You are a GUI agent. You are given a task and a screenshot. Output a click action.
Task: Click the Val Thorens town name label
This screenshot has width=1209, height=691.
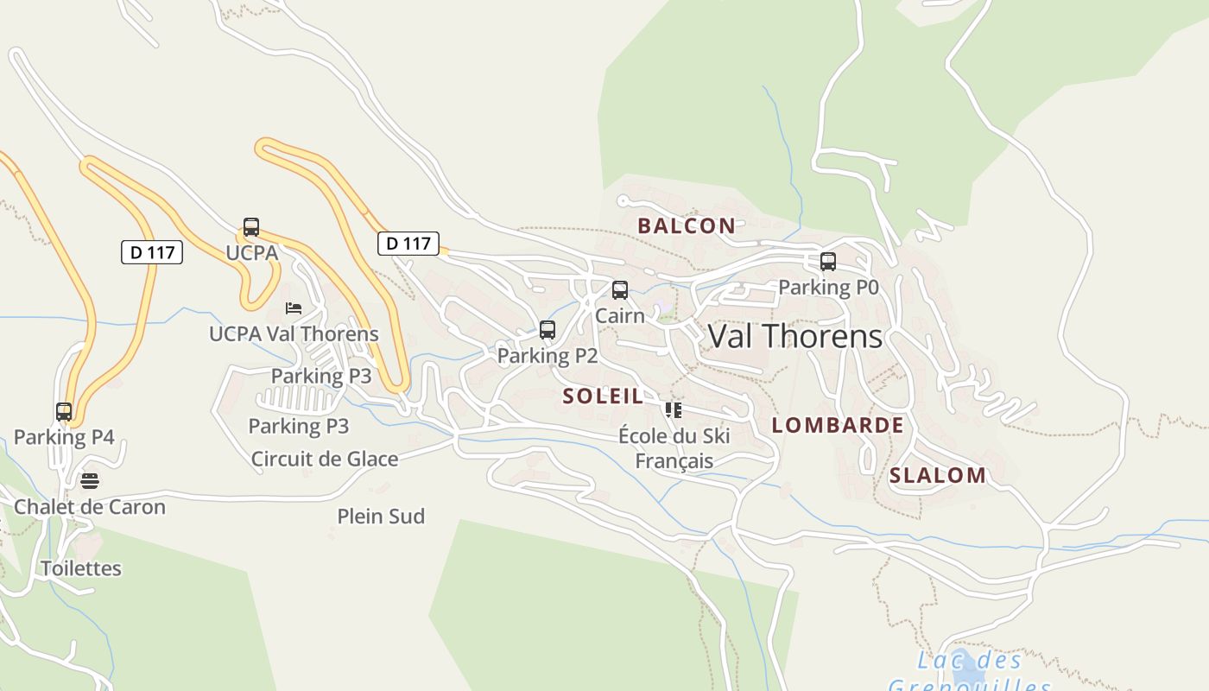click(795, 336)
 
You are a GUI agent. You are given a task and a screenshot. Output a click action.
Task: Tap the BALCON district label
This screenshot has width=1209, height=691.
click(687, 226)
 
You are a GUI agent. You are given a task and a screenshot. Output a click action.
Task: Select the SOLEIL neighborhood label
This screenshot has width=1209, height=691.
click(603, 396)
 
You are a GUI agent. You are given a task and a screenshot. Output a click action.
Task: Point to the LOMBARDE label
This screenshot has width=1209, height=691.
click(838, 425)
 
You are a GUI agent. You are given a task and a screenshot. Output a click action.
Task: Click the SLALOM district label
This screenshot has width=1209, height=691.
click(938, 475)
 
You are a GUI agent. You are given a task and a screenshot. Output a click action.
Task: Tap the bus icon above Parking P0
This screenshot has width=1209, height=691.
click(828, 261)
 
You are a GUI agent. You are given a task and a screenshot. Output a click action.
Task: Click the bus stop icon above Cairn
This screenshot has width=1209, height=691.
click(620, 290)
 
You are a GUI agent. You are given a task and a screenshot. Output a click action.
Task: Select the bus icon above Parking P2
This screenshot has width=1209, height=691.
click(548, 330)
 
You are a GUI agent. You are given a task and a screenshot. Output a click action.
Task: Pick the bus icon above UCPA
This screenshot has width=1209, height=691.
click(251, 227)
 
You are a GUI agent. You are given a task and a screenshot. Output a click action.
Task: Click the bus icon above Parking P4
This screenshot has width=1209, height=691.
click(64, 411)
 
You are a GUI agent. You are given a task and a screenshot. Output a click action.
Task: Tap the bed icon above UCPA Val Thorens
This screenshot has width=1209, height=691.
click(294, 308)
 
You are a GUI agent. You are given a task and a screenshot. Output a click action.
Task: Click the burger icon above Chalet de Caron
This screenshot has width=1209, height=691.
click(90, 480)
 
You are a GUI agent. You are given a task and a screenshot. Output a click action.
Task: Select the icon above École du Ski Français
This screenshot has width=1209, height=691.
click(674, 409)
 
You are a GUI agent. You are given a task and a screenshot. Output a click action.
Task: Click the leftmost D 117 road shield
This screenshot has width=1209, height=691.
click(152, 252)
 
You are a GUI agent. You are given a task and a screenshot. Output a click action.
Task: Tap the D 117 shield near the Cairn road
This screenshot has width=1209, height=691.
click(408, 244)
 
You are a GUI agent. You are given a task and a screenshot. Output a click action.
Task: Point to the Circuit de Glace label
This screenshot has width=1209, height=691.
click(325, 459)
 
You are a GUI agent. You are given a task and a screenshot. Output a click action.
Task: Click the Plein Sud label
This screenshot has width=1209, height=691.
click(381, 517)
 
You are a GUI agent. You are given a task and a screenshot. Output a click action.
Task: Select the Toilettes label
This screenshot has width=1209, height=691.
click(81, 568)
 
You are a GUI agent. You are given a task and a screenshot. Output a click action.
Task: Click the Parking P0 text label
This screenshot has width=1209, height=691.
click(828, 287)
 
